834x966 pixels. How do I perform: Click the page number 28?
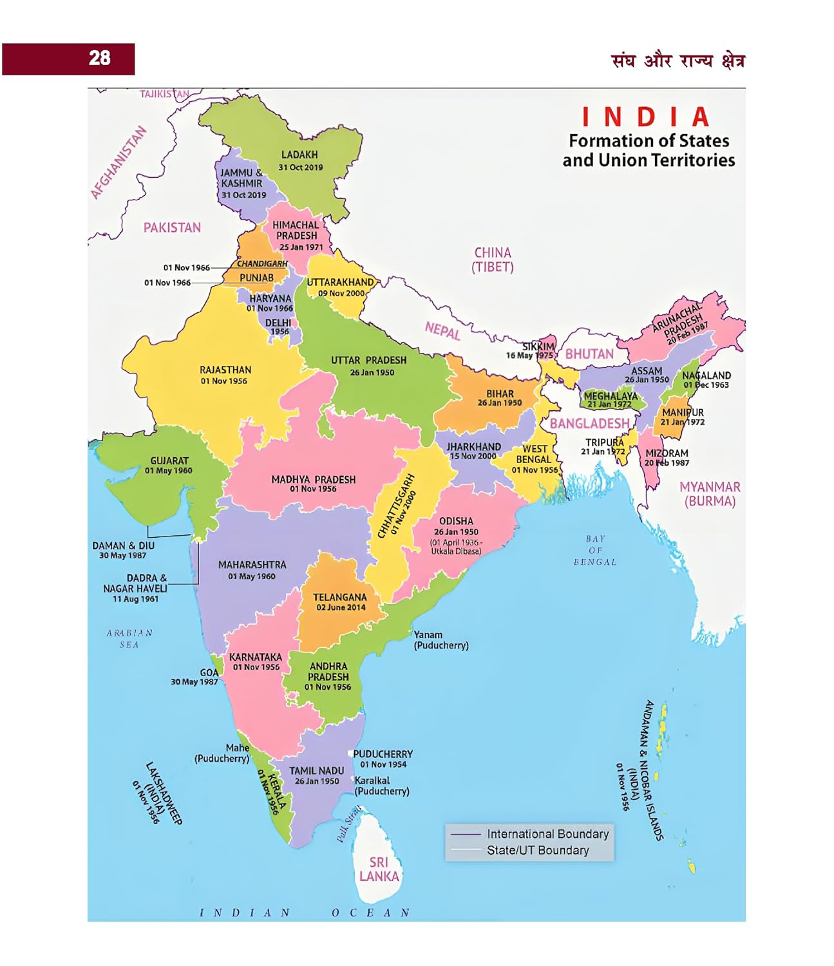(x=99, y=59)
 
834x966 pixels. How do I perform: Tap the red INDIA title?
(x=646, y=117)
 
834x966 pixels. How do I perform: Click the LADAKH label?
(x=299, y=155)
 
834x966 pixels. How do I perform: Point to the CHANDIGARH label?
(x=262, y=263)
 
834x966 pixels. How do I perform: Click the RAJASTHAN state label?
(x=225, y=370)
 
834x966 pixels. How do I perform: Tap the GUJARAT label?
(x=169, y=460)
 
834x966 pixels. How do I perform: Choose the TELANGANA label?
(x=339, y=597)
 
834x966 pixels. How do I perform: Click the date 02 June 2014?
(x=341, y=607)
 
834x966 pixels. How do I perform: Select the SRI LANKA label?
(x=379, y=869)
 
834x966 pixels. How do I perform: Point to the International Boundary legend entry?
(x=547, y=834)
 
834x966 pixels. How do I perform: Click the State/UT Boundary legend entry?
(x=538, y=850)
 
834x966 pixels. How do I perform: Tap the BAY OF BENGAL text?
(x=595, y=550)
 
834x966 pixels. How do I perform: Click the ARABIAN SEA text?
(x=129, y=638)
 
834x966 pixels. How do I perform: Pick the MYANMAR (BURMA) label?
(x=710, y=494)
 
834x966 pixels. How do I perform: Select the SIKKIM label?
(x=538, y=346)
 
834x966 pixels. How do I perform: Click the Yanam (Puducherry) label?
(x=441, y=639)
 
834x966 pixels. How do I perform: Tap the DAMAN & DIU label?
(x=123, y=545)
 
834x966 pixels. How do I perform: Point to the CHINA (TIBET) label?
(x=493, y=260)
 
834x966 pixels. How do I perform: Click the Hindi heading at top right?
(x=678, y=61)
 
